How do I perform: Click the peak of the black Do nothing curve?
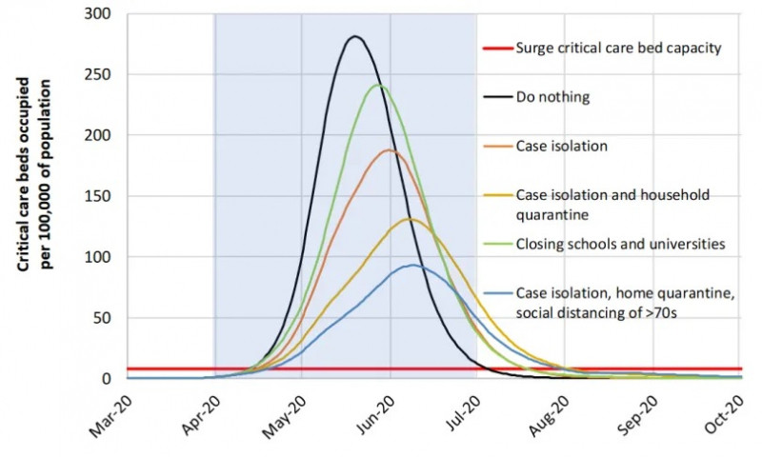click(x=355, y=37)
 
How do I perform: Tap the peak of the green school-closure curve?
click(x=378, y=85)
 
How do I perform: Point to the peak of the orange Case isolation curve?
click(x=388, y=149)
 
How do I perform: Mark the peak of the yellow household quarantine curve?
click(x=410, y=219)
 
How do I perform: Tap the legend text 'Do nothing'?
click(x=552, y=96)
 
